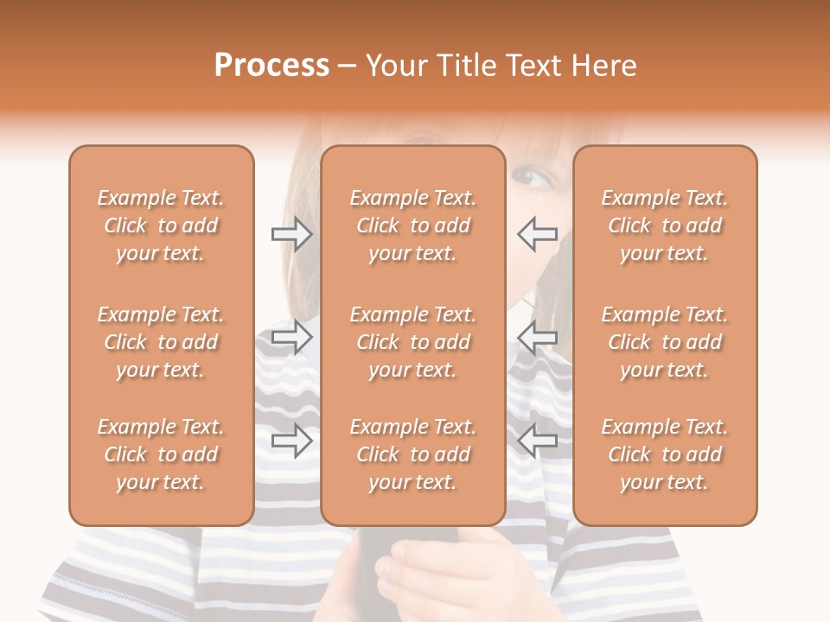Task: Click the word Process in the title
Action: pos(271,66)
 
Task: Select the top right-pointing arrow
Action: pos(292,234)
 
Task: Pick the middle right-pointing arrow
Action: pos(292,337)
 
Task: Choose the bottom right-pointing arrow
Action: pos(292,441)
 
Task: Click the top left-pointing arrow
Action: pos(537,234)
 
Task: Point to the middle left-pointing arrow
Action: pos(537,337)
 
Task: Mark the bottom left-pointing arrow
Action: pos(537,441)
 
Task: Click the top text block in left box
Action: pos(161,225)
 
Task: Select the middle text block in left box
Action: pos(161,342)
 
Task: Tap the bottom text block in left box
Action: pos(161,454)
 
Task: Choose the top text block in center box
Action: pos(412,225)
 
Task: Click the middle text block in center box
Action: pos(412,342)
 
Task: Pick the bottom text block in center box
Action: pos(412,454)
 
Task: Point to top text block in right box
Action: pos(665,225)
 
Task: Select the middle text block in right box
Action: pos(665,342)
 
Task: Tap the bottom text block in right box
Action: pos(665,454)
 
